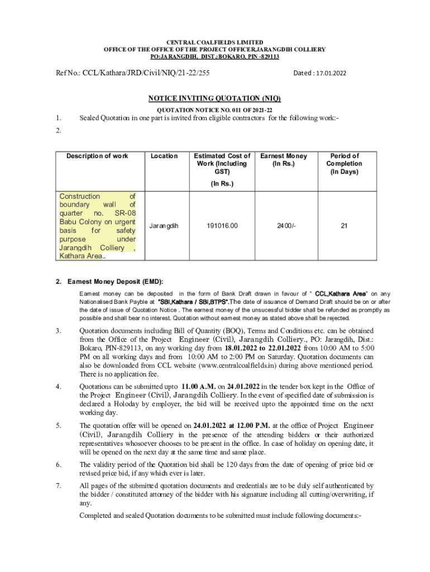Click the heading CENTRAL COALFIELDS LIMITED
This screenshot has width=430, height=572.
tap(215, 42)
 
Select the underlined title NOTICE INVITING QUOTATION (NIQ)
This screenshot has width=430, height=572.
tap(214, 99)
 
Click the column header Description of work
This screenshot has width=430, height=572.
tap(97, 156)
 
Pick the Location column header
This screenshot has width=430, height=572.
tap(164, 156)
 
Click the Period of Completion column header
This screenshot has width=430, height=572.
tap(345, 164)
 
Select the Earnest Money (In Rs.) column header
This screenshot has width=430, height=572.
tap(284, 160)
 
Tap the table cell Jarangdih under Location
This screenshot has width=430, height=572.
tap(164, 226)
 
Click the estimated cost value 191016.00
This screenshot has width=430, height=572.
tap(222, 226)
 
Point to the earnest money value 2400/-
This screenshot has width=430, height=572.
tap(284, 226)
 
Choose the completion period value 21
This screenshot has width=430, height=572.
tap(345, 226)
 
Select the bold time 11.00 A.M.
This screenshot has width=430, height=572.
tap(198, 387)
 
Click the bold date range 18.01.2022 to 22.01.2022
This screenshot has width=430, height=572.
tap(265, 347)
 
